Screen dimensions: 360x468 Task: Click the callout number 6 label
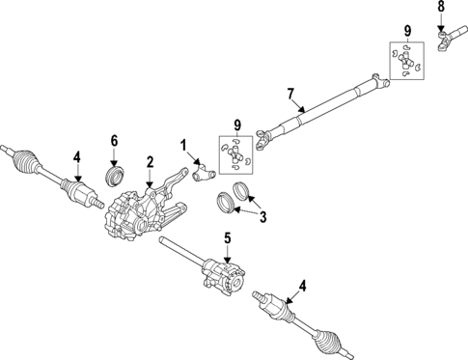pos(113,141)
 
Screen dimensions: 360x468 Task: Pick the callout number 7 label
pos(289,93)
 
